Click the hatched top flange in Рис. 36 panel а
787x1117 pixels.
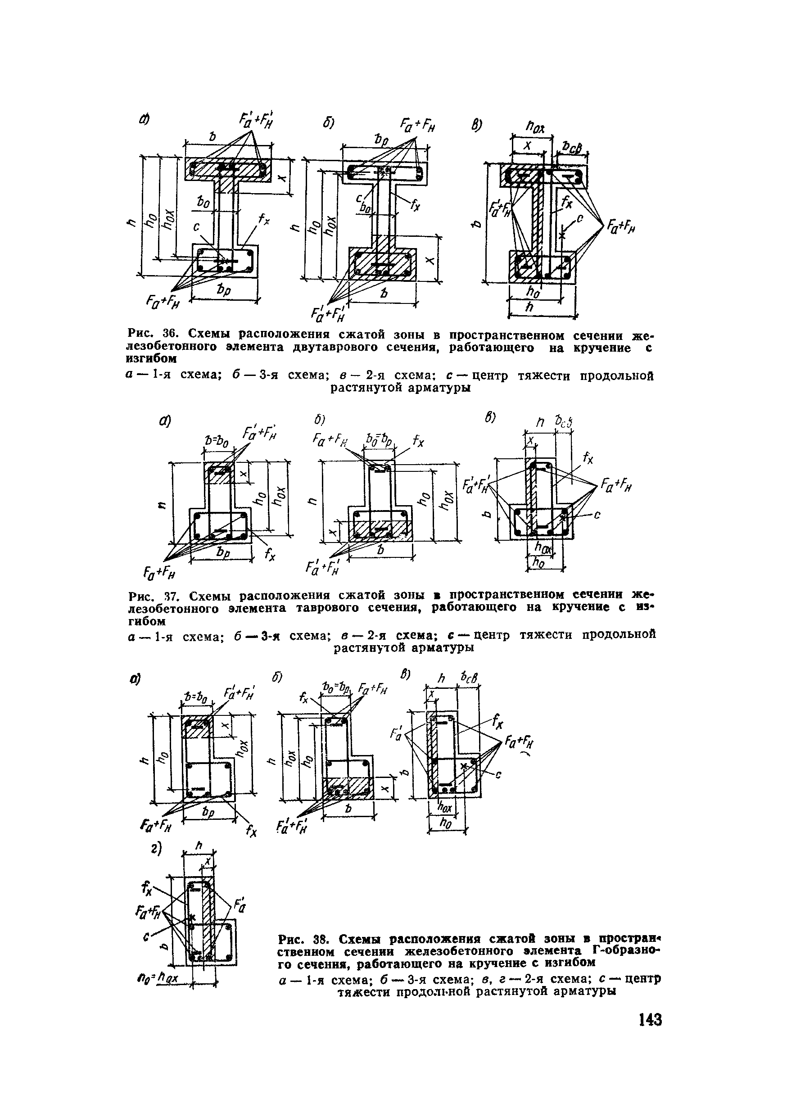229,170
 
